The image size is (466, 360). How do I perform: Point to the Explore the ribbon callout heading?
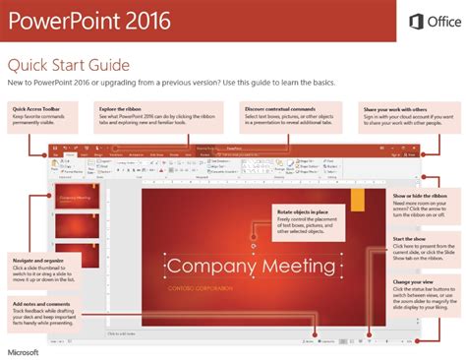[x=125, y=108]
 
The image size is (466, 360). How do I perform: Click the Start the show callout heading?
[x=408, y=239]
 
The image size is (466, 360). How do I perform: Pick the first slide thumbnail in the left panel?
[x=74, y=200]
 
